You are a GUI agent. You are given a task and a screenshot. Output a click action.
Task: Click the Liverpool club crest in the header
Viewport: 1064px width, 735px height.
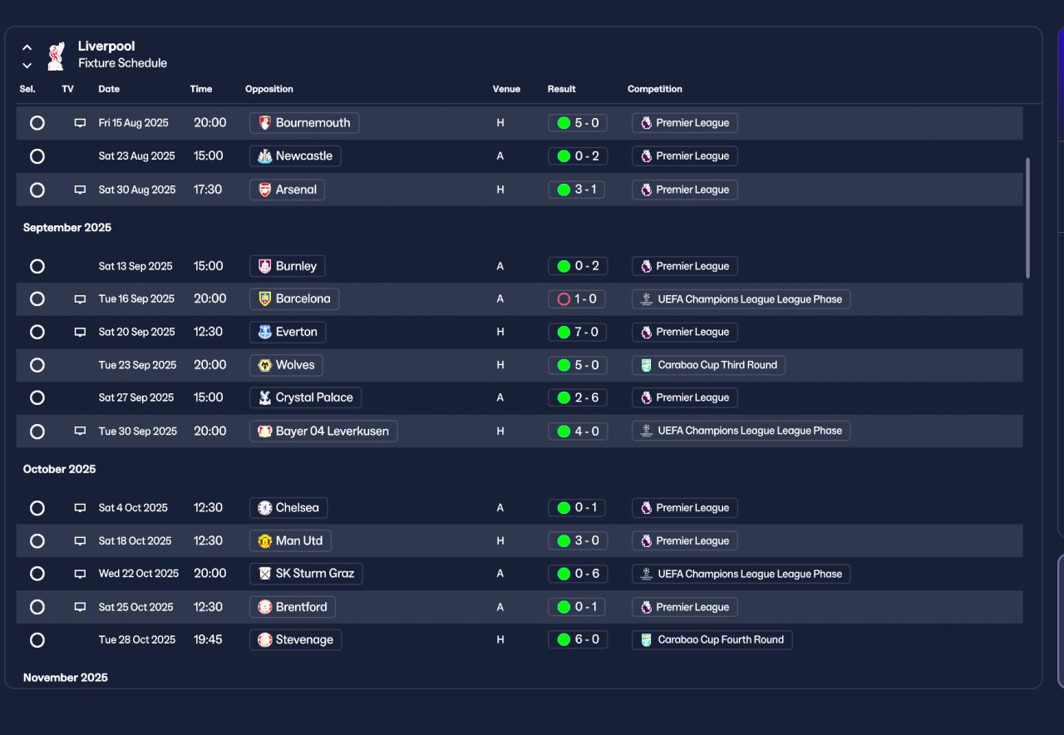coord(56,56)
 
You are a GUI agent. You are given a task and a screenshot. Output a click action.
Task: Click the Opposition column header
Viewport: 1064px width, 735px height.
coord(268,89)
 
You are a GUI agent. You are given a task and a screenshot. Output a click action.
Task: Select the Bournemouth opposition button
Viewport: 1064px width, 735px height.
coord(304,123)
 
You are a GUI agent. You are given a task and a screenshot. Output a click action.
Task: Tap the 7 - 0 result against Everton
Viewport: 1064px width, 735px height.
coord(578,332)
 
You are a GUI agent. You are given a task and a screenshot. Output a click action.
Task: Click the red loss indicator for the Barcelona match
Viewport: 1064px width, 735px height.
coord(564,299)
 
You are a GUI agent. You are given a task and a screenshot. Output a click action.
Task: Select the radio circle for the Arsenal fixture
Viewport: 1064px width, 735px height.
coord(37,190)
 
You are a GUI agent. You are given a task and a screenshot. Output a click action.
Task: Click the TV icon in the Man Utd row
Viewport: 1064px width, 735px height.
coord(81,540)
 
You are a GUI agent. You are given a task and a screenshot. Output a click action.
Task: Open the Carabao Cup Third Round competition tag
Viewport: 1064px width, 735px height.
coord(708,365)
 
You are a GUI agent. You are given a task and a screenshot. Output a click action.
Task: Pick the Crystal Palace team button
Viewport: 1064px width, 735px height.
coord(305,397)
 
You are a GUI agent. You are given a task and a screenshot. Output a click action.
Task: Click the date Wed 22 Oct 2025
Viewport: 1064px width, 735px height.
coord(139,574)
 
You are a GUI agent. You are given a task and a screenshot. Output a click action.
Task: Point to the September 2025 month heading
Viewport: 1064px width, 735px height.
coord(67,228)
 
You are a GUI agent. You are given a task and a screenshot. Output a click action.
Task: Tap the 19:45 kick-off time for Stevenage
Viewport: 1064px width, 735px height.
coord(208,639)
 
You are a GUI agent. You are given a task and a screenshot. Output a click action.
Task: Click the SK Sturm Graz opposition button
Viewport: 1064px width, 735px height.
coord(306,574)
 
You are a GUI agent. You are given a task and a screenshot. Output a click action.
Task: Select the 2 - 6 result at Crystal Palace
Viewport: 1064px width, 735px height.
coord(578,397)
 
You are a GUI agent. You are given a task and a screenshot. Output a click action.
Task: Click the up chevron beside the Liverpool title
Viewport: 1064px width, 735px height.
coord(27,47)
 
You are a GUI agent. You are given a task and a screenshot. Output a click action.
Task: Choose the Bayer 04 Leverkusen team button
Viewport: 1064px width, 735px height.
coord(323,432)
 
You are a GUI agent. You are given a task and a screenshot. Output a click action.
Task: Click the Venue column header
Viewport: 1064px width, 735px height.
coord(506,89)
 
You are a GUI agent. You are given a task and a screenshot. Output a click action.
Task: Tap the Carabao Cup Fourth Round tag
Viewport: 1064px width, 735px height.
coord(712,640)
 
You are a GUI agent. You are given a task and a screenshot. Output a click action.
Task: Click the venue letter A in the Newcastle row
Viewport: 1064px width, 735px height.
coord(500,156)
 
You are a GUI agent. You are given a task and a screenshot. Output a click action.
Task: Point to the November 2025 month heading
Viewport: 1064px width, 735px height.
coord(66,678)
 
